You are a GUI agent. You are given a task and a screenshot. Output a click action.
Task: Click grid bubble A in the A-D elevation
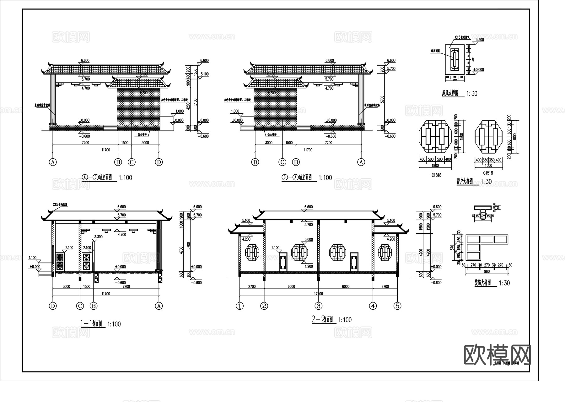tap(53, 162)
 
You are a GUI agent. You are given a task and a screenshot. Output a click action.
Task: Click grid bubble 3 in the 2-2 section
tap(319, 306)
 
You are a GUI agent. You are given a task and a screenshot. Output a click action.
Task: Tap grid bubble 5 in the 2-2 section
tap(397, 306)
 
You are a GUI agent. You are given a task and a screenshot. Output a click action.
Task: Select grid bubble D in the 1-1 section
tap(53, 306)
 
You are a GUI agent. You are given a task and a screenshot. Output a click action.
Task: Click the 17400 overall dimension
tap(318, 294)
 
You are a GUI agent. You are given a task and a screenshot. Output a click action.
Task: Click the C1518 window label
tap(488, 173)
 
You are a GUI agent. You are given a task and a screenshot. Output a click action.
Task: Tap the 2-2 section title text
tap(322, 320)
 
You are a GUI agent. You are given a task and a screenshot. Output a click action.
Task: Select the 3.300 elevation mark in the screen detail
tap(480, 40)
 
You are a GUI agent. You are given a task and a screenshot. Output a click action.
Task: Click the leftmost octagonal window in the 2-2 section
tap(251, 253)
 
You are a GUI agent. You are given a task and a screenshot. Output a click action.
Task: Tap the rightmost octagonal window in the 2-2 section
tap(386, 253)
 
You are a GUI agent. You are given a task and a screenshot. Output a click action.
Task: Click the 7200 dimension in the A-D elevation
tap(85, 143)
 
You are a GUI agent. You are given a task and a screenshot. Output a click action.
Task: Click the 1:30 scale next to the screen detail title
tap(471, 94)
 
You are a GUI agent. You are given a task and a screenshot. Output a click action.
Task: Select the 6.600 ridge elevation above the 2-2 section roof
tap(309, 207)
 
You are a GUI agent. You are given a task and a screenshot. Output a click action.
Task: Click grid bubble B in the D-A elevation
tap(296, 162)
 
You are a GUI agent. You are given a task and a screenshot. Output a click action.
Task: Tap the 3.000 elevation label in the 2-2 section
tap(309, 239)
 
